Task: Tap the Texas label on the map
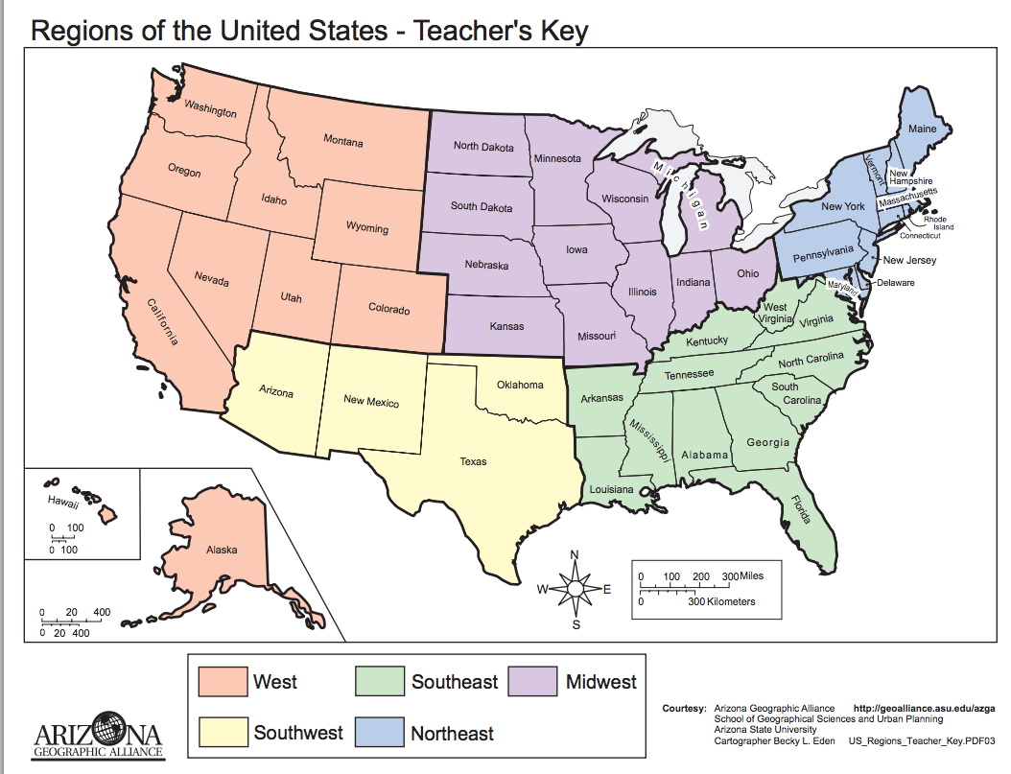pos(473,461)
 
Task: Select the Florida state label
pos(800,509)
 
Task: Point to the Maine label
pos(922,129)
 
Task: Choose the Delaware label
pos(894,283)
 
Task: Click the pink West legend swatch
pos(222,682)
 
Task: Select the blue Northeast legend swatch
pos(380,733)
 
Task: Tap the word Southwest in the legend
pos(297,733)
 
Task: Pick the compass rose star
pos(575,589)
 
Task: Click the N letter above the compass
pos(575,555)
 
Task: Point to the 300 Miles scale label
pos(741,575)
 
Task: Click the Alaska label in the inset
pos(222,550)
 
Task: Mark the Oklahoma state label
pos(519,385)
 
